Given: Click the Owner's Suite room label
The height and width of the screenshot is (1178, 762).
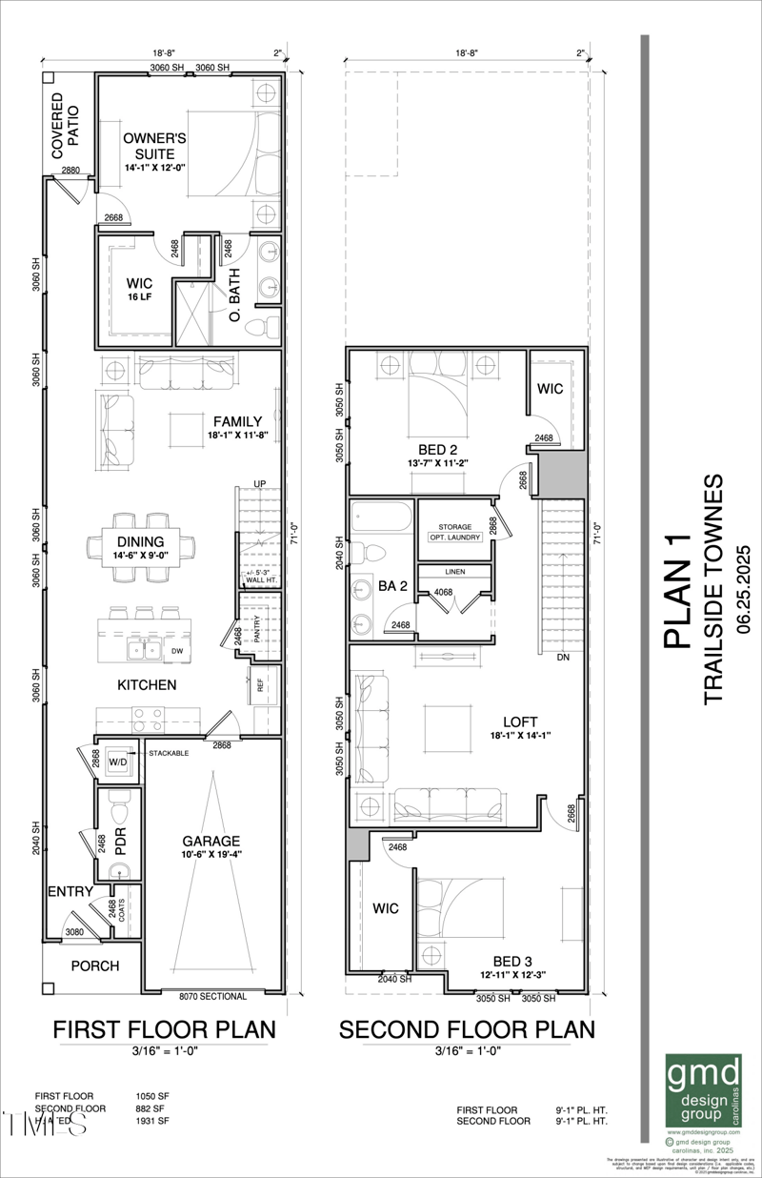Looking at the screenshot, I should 154,146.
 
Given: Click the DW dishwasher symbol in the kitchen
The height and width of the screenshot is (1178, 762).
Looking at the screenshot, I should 177,652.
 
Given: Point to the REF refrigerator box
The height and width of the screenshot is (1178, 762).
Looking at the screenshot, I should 257,683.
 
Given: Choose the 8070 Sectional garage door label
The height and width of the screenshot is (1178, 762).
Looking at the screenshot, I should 212,997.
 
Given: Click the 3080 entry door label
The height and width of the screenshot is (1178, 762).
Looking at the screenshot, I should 76,932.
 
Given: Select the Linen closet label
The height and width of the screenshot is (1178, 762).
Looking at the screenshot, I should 454,572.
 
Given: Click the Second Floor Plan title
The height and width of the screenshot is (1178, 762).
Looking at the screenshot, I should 467,1029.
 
